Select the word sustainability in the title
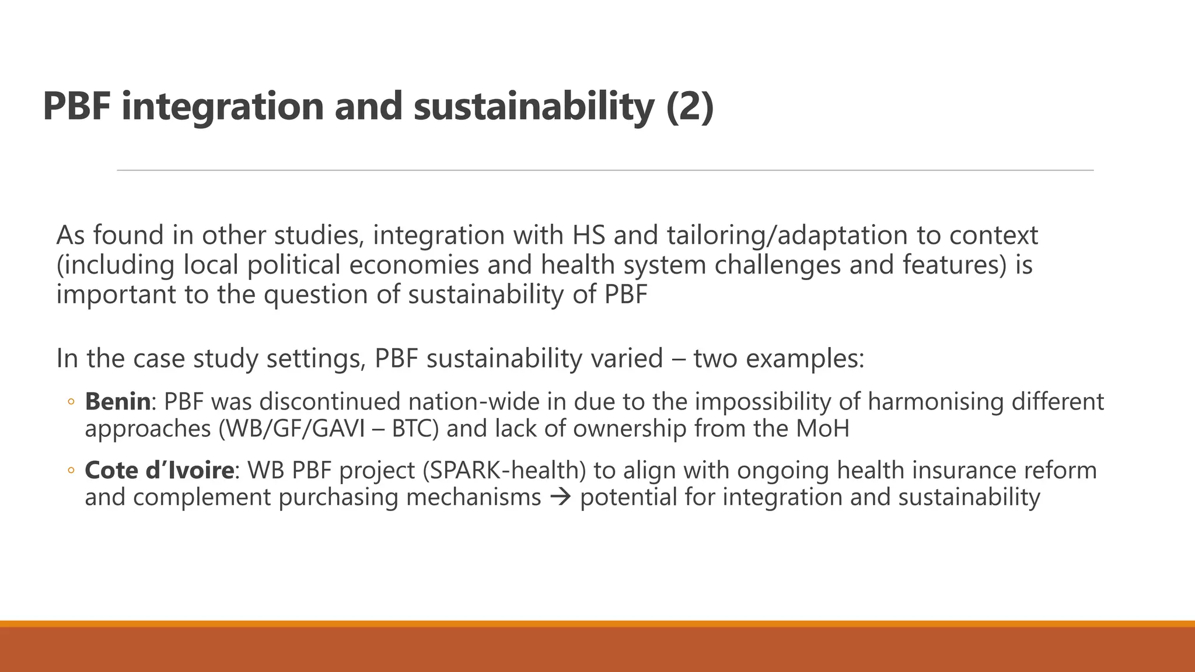[x=533, y=106]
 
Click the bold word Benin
[x=118, y=402]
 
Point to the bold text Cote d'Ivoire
[x=159, y=470]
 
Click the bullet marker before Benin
[x=71, y=402]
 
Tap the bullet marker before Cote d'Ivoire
[x=71, y=470]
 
